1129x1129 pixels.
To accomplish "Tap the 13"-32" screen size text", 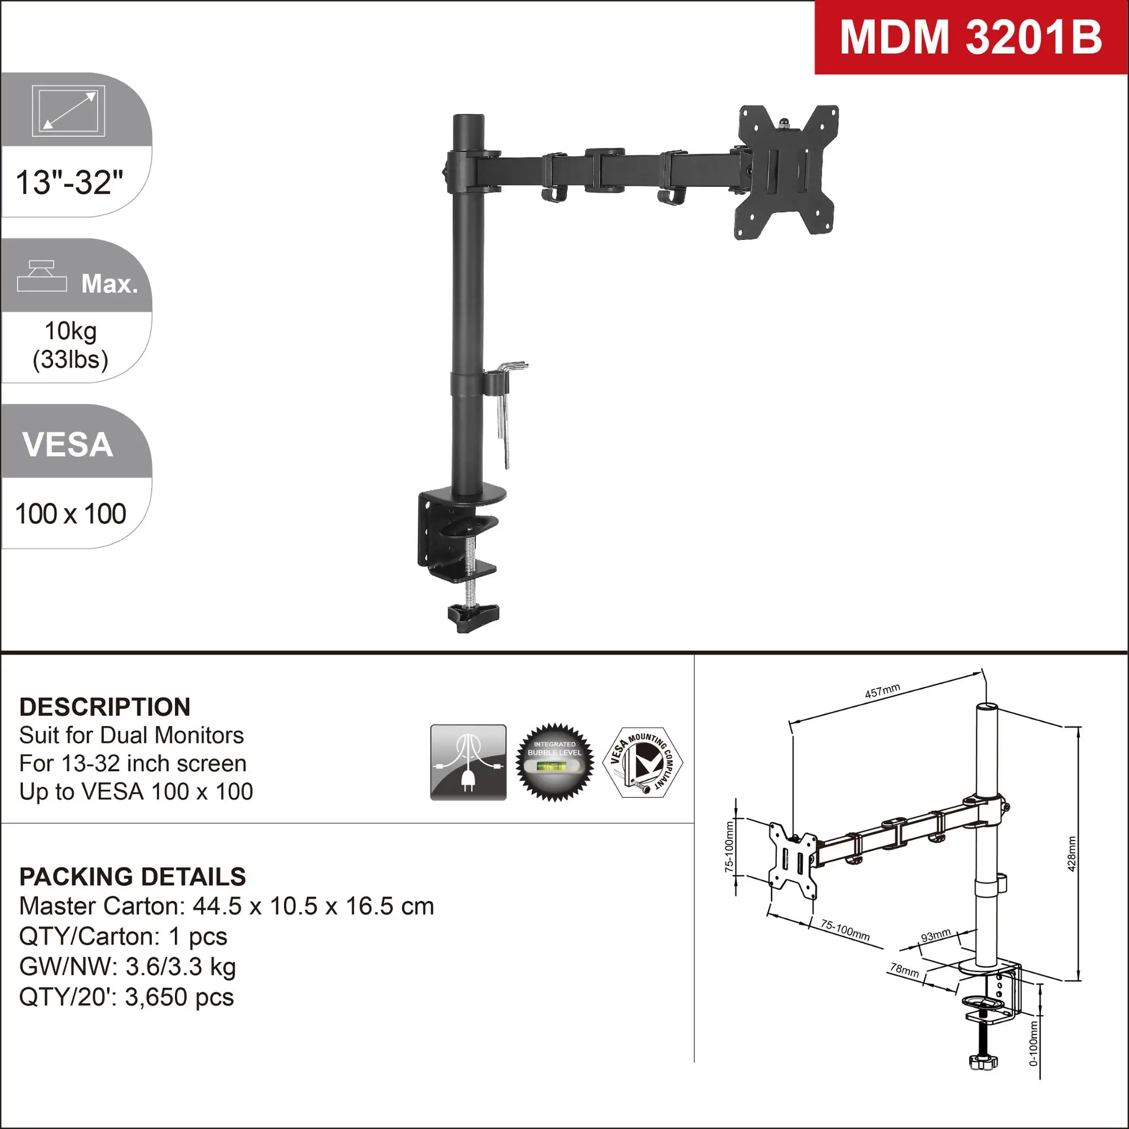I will tap(69, 183).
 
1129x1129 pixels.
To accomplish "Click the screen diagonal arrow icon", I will tap(68, 111).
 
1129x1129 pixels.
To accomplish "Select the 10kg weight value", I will tap(71, 331).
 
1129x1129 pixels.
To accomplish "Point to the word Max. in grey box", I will tap(110, 284).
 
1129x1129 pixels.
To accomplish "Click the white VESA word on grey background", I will tap(68, 445).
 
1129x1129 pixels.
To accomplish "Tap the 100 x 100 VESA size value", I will tap(71, 514).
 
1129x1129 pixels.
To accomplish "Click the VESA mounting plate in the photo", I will tap(786, 172).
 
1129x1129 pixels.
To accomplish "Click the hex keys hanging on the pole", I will tap(506, 409).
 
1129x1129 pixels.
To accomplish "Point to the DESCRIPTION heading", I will tap(104, 707).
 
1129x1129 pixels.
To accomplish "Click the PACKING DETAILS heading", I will tap(133, 877).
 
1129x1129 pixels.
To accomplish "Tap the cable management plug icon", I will tap(468, 763).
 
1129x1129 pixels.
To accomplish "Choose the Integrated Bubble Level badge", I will tap(554, 763).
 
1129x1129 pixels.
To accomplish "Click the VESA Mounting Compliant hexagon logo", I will tap(642, 763).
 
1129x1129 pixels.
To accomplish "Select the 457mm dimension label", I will tap(882, 692).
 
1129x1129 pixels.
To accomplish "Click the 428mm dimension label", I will tap(1071, 854).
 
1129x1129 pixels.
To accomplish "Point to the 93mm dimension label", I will tap(935, 935).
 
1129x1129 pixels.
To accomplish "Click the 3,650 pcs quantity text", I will tap(180, 997).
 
